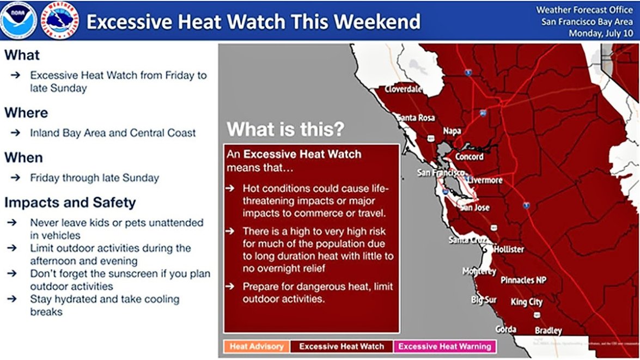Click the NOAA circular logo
(x=19, y=20)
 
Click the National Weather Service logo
(x=61, y=20)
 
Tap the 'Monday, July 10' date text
(x=601, y=33)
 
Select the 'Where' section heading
(x=26, y=113)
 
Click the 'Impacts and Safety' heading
(x=70, y=203)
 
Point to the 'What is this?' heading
(x=285, y=130)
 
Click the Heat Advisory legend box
(x=256, y=346)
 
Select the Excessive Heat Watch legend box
(x=341, y=346)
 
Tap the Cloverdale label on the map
(x=404, y=89)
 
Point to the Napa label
(x=452, y=131)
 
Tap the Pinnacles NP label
(x=523, y=280)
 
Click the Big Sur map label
(x=484, y=300)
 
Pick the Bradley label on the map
(x=548, y=331)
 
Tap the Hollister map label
(x=509, y=249)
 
